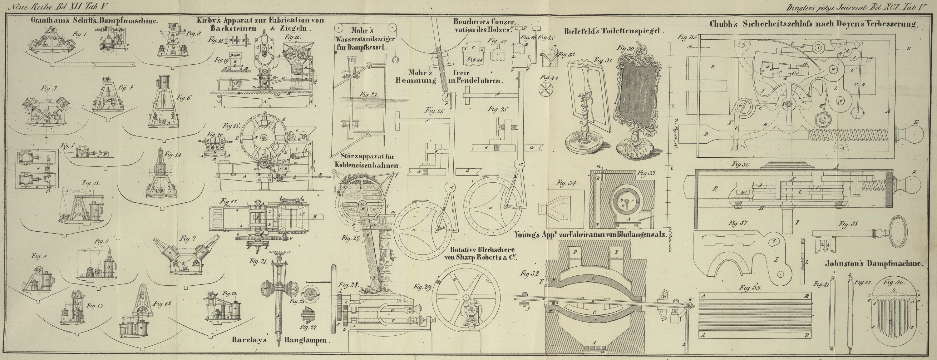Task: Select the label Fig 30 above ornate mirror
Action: point(625,48)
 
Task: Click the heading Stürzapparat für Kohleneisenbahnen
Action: point(367,160)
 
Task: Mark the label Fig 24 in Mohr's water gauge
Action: point(368,95)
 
